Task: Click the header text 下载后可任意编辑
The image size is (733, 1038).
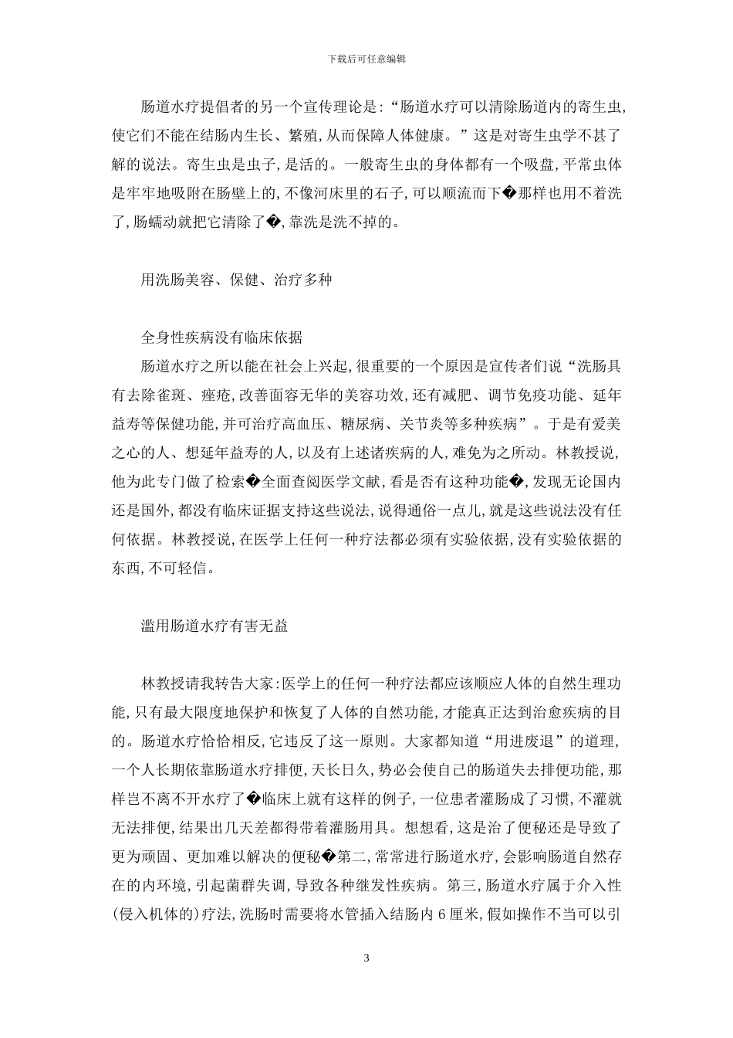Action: pyautogui.click(x=366, y=58)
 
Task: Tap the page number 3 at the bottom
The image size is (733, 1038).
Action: pyautogui.click(x=366, y=958)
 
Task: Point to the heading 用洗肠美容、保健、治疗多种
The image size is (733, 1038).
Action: pyautogui.click(x=236, y=280)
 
